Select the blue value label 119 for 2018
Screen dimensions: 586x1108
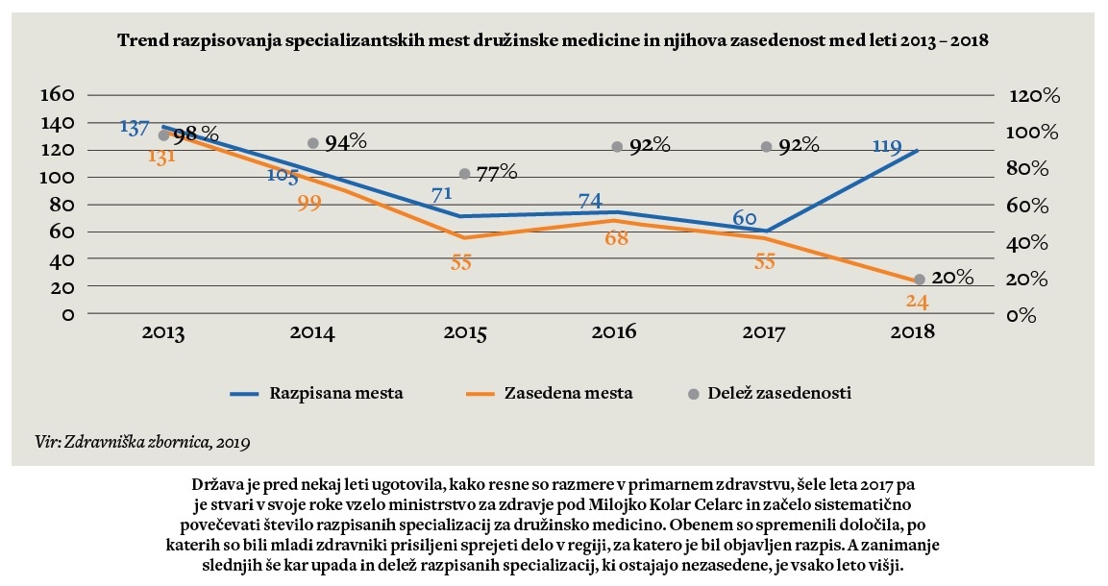point(886,147)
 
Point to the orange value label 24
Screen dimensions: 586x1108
point(917,301)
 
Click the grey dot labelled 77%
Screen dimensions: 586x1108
point(464,174)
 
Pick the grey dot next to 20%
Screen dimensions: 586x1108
point(919,279)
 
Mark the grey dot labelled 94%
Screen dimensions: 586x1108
point(312,143)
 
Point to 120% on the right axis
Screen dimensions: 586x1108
point(1033,96)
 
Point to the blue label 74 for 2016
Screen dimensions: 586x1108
point(591,201)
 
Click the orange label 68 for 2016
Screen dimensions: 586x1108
point(616,238)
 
